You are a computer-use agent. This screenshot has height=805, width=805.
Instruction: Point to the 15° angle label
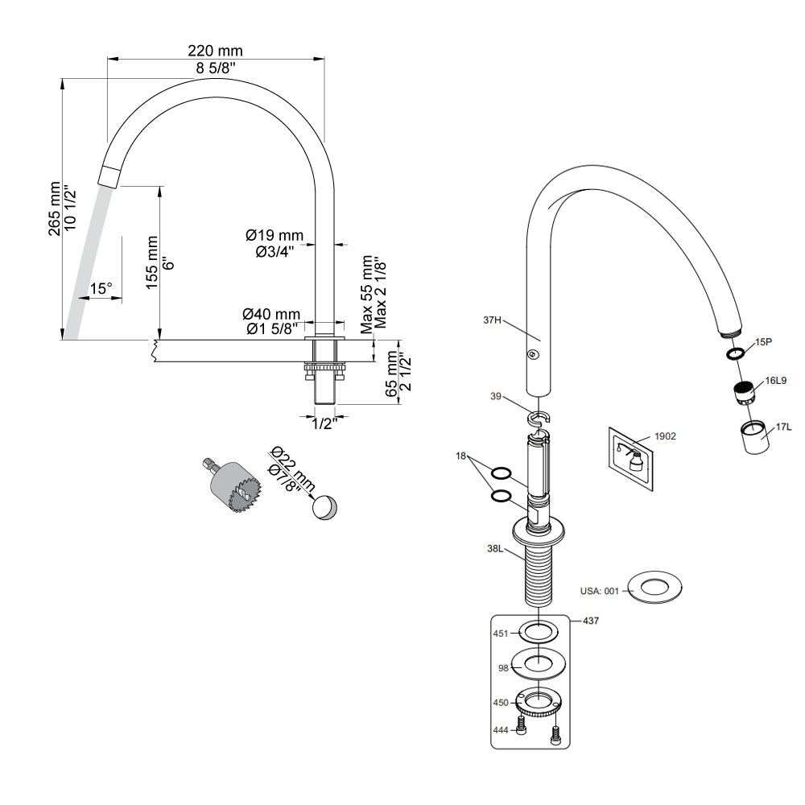pyautogui.click(x=101, y=288)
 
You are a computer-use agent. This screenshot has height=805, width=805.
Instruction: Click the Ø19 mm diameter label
pyautogui.click(x=275, y=236)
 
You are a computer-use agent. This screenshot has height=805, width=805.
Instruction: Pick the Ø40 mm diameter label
pyautogui.click(x=271, y=314)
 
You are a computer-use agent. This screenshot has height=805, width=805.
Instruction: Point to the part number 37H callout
pyautogui.click(x=493, y=320)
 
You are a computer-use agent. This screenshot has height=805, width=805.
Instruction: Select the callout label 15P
pyautogui.click(x=764, y=342)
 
